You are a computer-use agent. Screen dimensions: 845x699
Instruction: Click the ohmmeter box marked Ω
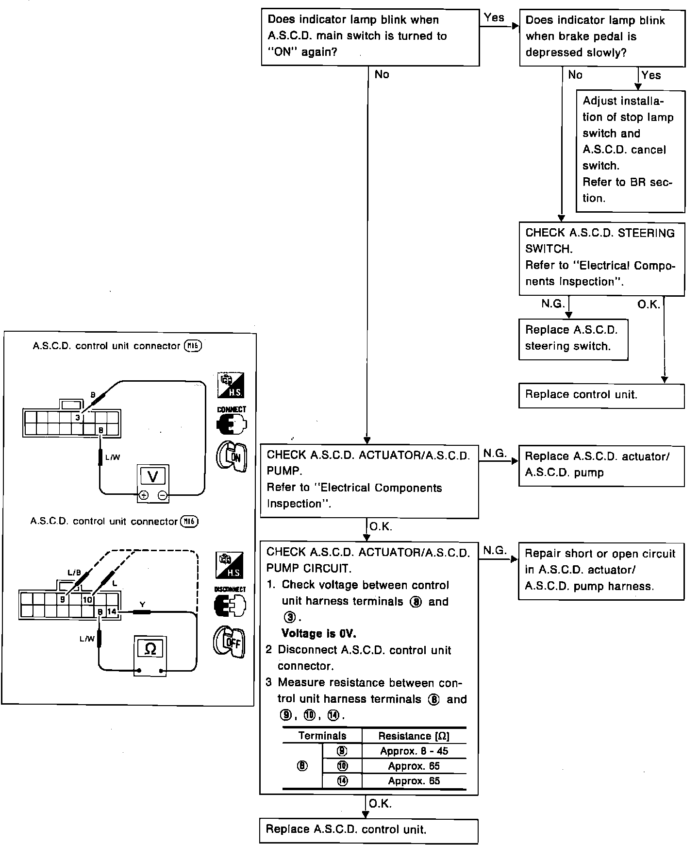coord(150,649)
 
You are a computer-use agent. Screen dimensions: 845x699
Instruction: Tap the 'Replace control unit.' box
coord(601,395)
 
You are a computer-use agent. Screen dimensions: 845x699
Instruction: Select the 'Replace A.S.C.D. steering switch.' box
coord(573,338)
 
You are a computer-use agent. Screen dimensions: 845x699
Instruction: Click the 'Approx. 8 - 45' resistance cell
coord(414,751)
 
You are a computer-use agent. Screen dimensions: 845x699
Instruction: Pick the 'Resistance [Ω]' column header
coord(414,736)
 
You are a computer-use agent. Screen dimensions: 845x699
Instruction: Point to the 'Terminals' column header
coord(322,735)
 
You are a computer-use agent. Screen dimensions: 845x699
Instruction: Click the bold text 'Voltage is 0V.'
coord(319,633)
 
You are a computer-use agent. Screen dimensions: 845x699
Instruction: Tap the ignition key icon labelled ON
coord(232,456)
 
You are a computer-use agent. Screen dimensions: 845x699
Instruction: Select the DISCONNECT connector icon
coord(230,605)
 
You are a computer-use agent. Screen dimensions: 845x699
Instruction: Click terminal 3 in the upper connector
coord(77,417)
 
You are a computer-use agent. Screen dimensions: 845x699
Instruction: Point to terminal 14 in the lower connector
coord(112,611)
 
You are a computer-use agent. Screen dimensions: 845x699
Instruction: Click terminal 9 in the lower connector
coord(62,600)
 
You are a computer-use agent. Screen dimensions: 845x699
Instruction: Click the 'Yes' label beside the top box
coord(494,18)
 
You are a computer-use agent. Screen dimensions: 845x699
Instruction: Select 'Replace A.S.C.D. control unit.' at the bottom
coord(368,829)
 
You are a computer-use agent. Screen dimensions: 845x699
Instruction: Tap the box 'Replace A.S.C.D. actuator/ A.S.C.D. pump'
coord(601,465)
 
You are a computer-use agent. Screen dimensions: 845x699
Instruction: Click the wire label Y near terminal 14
coord(142,604)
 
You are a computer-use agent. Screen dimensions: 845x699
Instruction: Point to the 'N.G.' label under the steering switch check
coord(553,304)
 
